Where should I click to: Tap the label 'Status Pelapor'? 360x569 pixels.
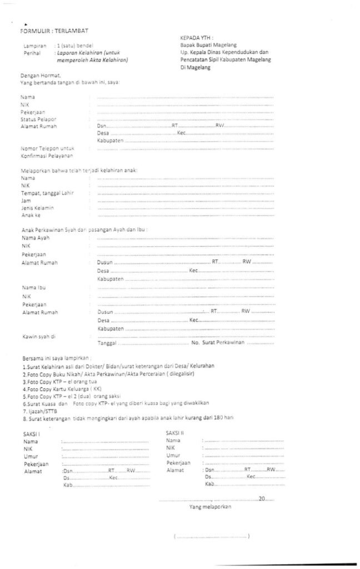coord(38,119)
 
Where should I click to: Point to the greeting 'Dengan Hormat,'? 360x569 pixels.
coord(40,76)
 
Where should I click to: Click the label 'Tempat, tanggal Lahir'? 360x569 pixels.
coord(48,193)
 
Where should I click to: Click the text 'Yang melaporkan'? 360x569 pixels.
coord(210,507)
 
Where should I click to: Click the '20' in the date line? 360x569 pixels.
coord(262,498)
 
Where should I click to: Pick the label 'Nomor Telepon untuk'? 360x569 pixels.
coord(48,149)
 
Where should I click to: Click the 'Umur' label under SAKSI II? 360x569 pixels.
coord(174,455)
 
